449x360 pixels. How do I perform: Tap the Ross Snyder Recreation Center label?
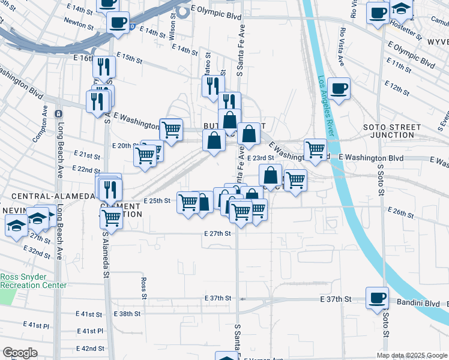(33, 281)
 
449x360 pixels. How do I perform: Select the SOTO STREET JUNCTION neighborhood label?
(393, 131)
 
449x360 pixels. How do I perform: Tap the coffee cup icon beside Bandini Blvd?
(378, 298)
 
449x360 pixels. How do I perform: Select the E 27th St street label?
(217, 233)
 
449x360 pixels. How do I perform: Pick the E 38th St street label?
(127, 314)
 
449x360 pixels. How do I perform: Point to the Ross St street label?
(144, 287)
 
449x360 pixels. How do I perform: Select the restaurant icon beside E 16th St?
(104, 67)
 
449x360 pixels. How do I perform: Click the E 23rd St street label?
(261, 157)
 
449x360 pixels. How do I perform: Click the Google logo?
(20, 353)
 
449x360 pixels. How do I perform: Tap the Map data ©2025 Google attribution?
(411, 355)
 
